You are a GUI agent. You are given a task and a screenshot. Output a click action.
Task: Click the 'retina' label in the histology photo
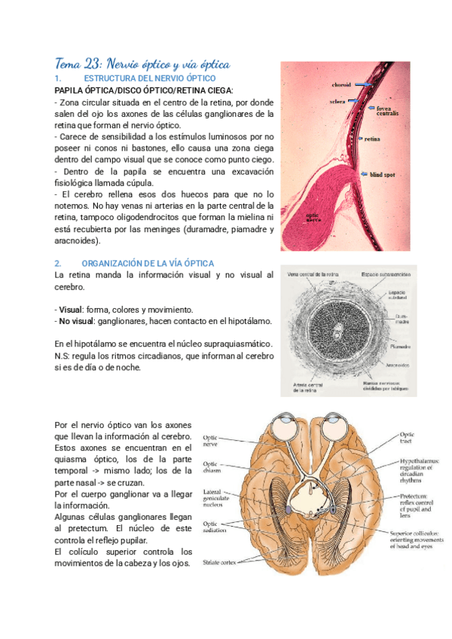click(x=372, y=140)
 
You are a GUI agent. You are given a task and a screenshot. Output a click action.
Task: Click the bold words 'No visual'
click(x=76, y=321)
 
